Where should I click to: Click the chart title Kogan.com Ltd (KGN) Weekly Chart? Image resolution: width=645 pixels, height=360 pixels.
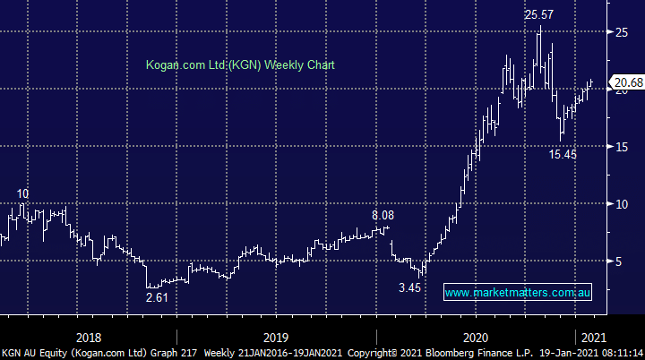coord(240,65)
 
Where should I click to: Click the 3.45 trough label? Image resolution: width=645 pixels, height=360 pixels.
coord(408,288)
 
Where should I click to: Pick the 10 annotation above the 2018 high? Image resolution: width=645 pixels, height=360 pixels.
coord(22,193)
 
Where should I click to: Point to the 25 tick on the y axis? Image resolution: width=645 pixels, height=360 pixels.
coord(620,32)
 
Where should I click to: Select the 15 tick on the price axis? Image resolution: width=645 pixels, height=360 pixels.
coord(620,147)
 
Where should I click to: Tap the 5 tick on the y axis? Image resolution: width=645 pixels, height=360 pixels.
coord(616,261)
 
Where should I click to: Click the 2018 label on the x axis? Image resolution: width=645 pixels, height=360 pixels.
coord(89,337)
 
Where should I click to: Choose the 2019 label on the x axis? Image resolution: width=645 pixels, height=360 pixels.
coord(276,337)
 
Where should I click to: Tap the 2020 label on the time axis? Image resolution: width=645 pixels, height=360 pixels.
coord(475,337)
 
